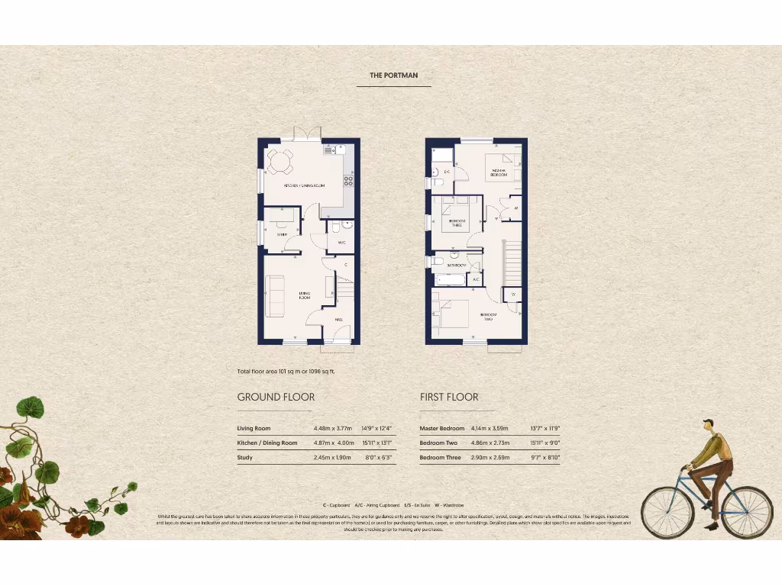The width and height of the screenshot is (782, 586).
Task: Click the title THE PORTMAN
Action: pos(393,76)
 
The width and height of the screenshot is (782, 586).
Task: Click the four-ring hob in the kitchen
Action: pos(348,181)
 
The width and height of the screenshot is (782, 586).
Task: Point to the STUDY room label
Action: pos(282,234)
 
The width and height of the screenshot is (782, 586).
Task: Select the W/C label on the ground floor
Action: pos(341,243)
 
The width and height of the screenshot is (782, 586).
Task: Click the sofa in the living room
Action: pos(274,295)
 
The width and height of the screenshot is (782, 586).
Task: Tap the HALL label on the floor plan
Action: pos(338,320)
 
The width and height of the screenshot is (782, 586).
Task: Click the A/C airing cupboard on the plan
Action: pos(476,279)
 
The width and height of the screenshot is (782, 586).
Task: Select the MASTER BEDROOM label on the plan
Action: pos(499,172)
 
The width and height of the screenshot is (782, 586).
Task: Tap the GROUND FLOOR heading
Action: pos(276,397)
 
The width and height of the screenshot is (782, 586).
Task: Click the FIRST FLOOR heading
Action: pos(449,397)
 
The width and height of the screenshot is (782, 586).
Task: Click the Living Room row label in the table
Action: pos(254,429)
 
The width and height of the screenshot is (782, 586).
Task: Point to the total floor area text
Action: pos(286,372)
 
